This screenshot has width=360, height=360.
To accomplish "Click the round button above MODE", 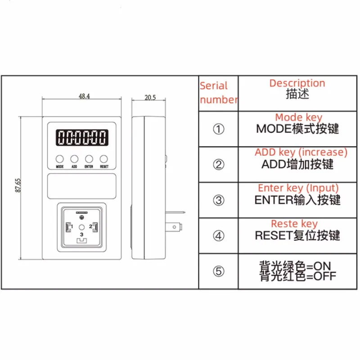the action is tap(60, 158).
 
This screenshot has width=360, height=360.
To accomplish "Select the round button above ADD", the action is tap(74, 158).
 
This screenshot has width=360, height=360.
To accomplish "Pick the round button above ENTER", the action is tap(89, 158).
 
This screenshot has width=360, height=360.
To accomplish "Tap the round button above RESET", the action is tap(104, 158).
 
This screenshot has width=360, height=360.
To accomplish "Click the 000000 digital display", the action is tap(81, 137).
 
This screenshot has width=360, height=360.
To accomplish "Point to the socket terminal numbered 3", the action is tap(81, 241).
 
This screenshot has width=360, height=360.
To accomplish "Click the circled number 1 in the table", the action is tap(218, 130).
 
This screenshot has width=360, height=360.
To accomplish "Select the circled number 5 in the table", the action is tap(218, 271).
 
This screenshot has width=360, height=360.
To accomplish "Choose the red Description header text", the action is tap(297, 83).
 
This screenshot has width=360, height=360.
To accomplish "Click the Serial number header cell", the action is tap(219, 93).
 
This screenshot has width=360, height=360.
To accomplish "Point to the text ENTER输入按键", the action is tap(297, 200).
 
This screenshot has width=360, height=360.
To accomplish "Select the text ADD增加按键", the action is tap(297, 164).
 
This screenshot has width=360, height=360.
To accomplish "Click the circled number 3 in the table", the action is tap(218, 200).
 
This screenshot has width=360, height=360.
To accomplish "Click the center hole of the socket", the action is tap(81, 228).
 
